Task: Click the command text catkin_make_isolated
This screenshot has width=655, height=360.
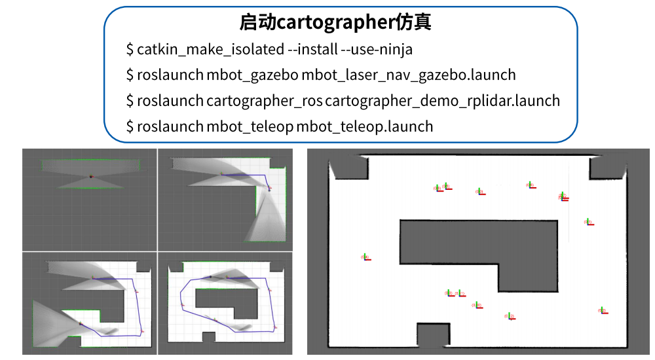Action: [x=210, y=49]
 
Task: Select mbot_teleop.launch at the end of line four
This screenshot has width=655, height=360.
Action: [x=364, y=126]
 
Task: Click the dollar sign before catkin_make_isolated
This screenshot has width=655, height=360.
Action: [x=130, y=49]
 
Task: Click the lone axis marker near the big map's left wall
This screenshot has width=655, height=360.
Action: [x=365, y=257]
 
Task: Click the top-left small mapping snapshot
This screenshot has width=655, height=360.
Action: [x=90, y=199]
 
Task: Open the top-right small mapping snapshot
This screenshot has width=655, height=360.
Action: [x=224, y=199]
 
